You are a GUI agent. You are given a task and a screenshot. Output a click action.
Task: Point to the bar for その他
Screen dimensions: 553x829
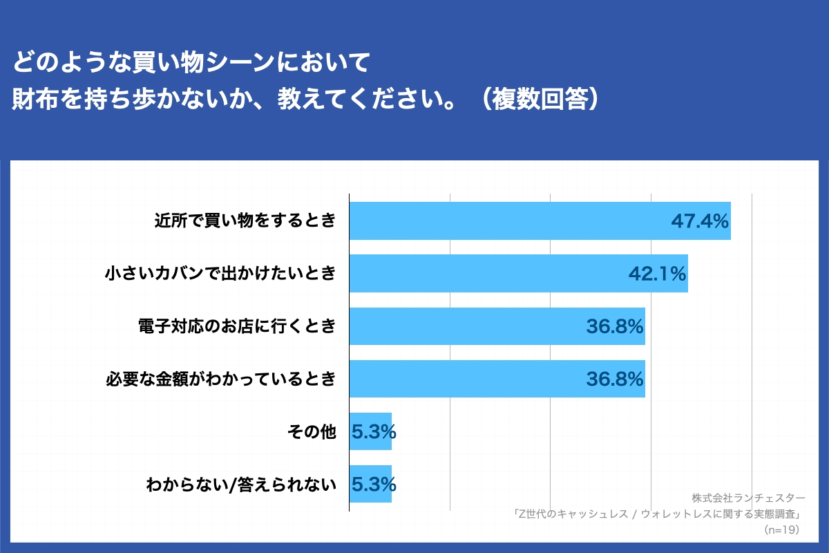click(x=370, y=431)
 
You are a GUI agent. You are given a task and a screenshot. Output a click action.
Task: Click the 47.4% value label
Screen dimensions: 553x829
click(x=700, y=222)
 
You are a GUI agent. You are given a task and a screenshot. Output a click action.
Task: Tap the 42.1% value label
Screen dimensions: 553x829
click(x=657, y=274)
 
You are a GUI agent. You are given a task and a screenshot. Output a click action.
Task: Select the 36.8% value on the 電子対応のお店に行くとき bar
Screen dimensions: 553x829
click(x=615, y=327)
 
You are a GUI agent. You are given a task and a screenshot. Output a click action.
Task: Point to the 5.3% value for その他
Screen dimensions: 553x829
click(x=374, y=432)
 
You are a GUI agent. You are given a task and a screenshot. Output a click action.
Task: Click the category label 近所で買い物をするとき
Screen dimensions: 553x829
click(x=245, y=222)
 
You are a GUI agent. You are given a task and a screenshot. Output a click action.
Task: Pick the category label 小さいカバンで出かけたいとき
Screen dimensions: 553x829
click(x=220, y=274)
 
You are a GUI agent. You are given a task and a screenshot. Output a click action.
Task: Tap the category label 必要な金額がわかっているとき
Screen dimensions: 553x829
click(x=220, y=379)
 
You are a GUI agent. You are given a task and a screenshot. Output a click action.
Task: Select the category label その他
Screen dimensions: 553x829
click(x=312, y=432)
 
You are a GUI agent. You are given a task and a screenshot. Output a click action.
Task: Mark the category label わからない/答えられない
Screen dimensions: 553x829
click(x=241, y=485)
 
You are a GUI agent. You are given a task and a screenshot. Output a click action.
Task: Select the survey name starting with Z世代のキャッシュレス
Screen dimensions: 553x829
click(x=656, y=514)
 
